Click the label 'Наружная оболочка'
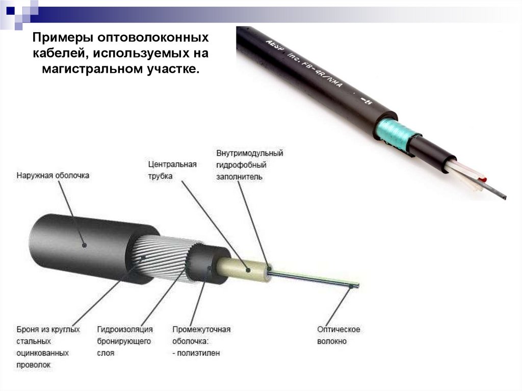[x=53, y=175]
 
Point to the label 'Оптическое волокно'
[x=338, y=335]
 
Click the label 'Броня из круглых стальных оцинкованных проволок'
[x=47, y=347]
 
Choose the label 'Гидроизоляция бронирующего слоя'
[x=124, y=341]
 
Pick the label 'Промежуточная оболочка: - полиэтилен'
[x=201, y=341]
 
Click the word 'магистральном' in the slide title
[x=86, y=68]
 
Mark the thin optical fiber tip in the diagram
[x=357, y=285]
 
